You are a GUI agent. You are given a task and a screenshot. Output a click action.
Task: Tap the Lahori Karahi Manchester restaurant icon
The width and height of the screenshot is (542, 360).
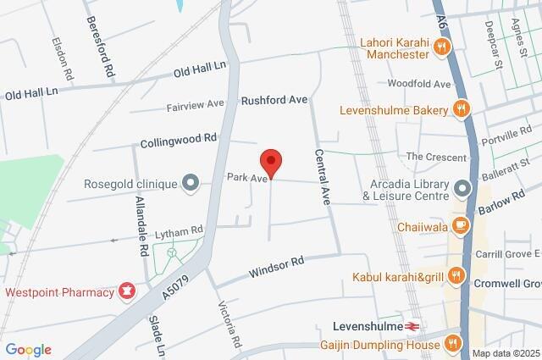click(440, 48)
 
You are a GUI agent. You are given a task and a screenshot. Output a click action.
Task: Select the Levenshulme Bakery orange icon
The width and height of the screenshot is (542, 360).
click(460, 108)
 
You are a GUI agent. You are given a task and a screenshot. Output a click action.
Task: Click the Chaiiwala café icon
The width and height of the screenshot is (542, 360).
click(460, 225)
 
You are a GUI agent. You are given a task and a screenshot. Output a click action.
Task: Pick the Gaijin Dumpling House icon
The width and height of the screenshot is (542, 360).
click(452, 342)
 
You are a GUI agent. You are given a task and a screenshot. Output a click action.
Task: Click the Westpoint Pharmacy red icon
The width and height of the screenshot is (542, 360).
click(127, 292)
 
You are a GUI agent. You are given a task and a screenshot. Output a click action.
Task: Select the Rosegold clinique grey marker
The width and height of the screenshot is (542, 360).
click(191, 183)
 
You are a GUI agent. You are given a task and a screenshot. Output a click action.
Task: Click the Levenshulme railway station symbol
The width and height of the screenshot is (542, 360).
click(413, 325)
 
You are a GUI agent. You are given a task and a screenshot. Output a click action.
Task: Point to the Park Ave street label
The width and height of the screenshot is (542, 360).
click(246, 179)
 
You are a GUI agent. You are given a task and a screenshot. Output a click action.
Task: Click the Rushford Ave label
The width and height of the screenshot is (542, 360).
click(274, 100)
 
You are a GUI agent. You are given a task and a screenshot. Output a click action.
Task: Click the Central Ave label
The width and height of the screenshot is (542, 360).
click(323, 178)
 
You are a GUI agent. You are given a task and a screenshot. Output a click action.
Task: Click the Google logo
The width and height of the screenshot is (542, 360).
click(28, 350)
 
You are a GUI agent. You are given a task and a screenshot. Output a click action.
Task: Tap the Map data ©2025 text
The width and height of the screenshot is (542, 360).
click(506, 353)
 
